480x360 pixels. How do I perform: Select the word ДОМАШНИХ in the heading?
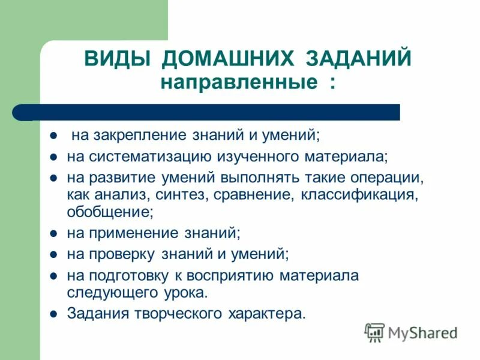tap(229, 59)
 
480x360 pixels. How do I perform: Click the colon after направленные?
tap(332, 83)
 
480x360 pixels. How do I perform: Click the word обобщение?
tap(110, 211)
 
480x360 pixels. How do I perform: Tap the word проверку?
tap(120, 254)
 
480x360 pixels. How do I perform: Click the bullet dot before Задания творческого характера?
tap(53, 313)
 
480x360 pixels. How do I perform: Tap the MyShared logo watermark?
tap(411, 332)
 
